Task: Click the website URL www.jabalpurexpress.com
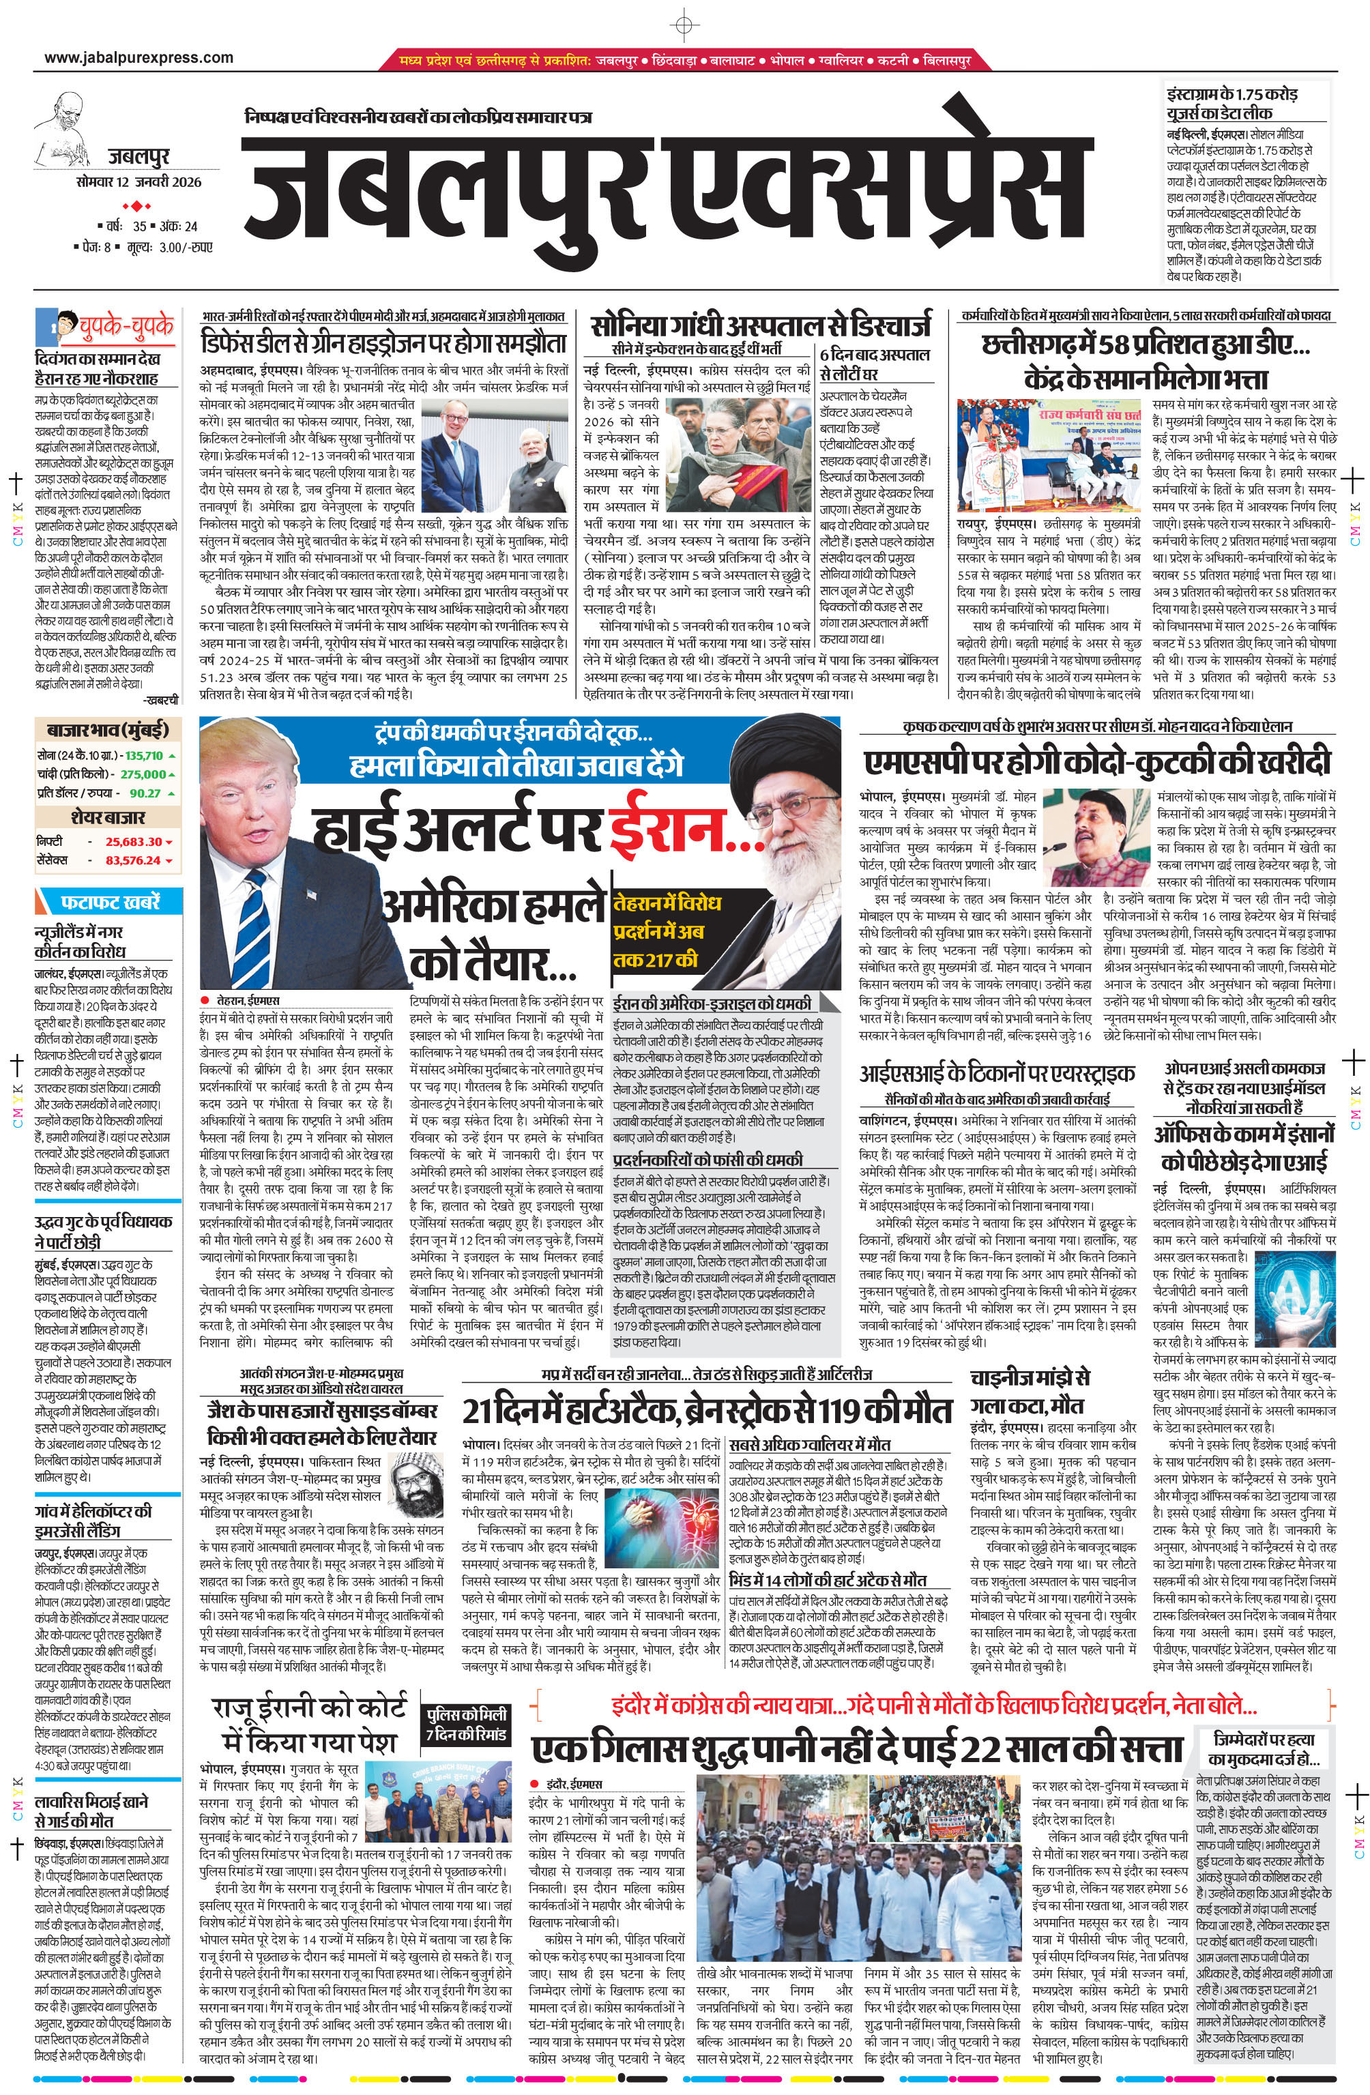(139, 58)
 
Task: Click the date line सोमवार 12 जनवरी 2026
(139, 182)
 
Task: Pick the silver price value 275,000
(143, 774)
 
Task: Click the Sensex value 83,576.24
(134, 860)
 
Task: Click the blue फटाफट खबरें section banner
(110, 903)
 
